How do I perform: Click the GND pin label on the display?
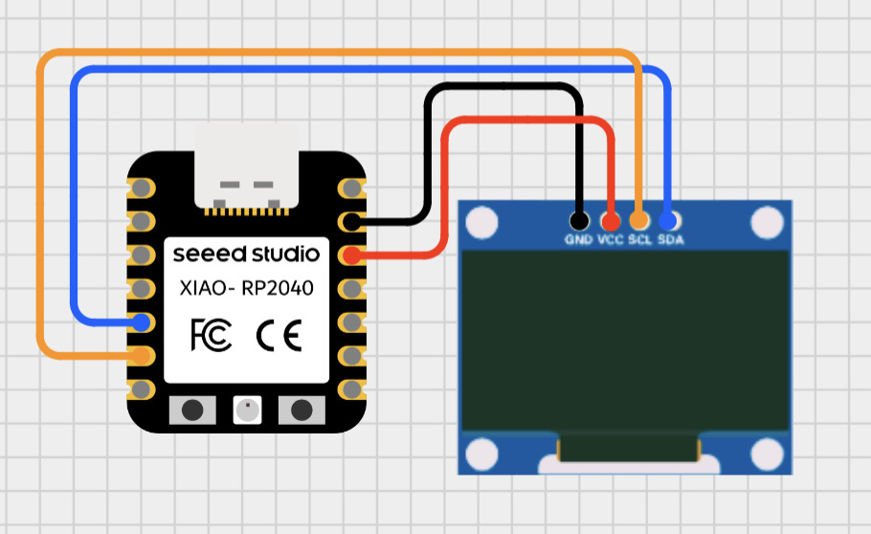578,240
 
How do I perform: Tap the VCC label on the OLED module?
610,240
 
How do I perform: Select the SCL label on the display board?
639,240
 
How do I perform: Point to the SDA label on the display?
670,240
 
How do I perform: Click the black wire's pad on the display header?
578,220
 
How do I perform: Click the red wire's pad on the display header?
610,220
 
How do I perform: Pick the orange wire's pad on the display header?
639,220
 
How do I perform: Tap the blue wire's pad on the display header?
668,220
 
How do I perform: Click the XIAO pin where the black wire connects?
351,222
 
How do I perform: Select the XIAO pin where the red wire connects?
351,256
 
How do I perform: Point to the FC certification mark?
211,335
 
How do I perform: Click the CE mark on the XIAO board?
279,335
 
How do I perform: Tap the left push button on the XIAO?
192,410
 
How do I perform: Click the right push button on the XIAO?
301,410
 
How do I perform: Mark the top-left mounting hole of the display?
482,222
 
